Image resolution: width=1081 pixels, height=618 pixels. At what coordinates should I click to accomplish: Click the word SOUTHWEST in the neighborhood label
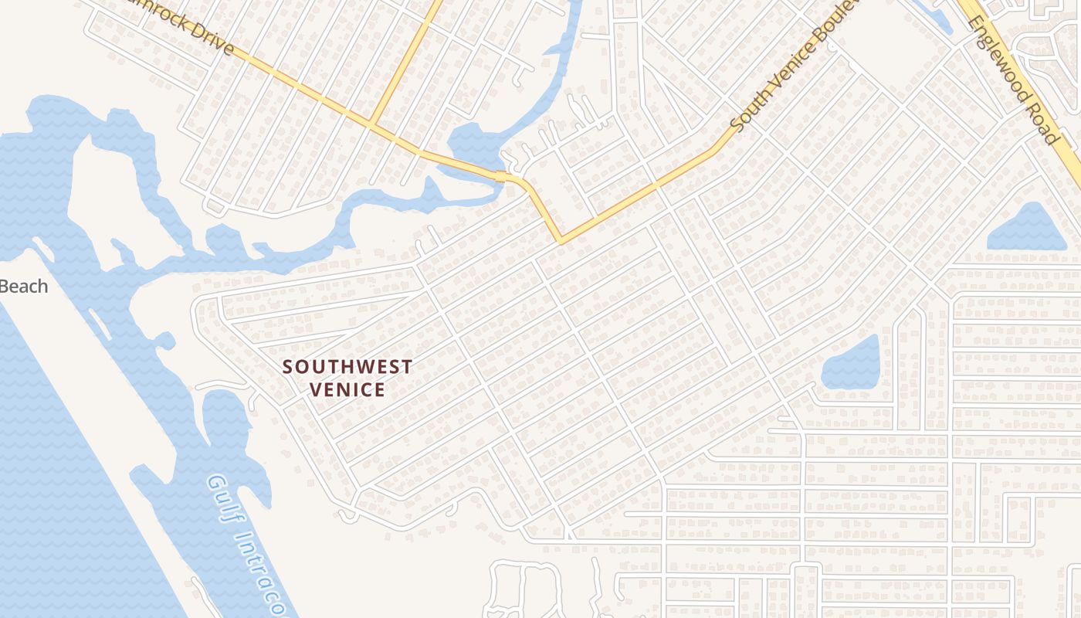[x=347, y=367]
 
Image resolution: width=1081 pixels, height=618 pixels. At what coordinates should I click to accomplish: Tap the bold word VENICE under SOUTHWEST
[x=347, y=389]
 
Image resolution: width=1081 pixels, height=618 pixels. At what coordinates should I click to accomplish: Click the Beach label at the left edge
[x=23, y=287]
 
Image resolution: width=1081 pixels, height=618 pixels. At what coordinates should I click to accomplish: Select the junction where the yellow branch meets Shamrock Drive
[x=372, y=124]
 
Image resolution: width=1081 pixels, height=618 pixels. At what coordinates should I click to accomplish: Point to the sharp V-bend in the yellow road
[x=560, y=239]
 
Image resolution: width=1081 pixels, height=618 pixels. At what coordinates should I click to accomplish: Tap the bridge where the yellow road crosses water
[x=500, y=176]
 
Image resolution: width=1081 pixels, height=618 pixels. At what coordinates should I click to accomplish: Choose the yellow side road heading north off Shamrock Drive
[x=405, y=62]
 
